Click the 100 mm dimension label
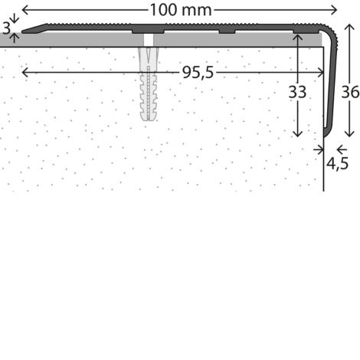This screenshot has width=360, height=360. pos(181,10)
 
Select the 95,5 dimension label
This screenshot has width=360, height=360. pos(198,73)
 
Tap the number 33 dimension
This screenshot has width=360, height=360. pos(297,92)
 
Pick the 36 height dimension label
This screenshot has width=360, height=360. pos(350,92)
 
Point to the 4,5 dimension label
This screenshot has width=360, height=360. pos(337,163)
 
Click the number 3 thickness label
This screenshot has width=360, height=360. pos(6,28)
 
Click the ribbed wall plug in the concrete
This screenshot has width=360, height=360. pos(149,84)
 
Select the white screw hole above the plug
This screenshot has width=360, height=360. pos(149,40)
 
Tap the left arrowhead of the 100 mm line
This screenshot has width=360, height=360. pos(25,10)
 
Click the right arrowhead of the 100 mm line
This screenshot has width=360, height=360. pos(334,10)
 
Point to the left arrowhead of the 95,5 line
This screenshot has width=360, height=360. pos(25,73)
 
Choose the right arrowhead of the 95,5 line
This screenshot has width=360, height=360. pos(321,73)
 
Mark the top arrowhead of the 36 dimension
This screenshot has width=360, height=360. pos(349,28)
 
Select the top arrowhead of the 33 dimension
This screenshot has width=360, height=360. pos(297,38)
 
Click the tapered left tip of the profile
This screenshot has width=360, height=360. pos(24,31)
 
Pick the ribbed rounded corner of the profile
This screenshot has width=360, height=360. pos(329,32)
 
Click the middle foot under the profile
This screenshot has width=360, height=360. pos(227,31)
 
